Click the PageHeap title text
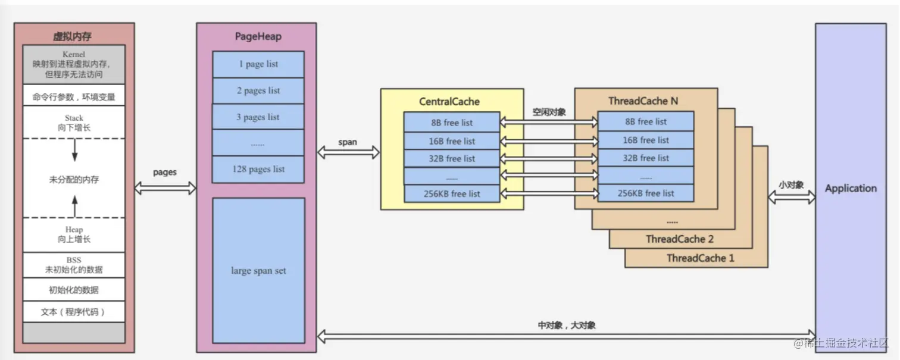(258, 36)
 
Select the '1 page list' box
(258, 64)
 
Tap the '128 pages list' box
(258, 170)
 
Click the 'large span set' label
(258, 271)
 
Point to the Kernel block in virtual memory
(74, 64)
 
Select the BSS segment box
(74, 265)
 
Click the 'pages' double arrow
(165, 188)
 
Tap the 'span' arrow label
(348, 142)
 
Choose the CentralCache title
(449, 102)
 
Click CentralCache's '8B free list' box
(452, 123)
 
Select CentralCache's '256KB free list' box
(452, 193)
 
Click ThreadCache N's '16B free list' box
(646, 140)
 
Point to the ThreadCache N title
(643, 101)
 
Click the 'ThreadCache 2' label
(679, 239)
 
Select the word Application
(851, 189)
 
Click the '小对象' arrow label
(791, 185)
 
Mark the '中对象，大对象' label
(566, 325)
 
